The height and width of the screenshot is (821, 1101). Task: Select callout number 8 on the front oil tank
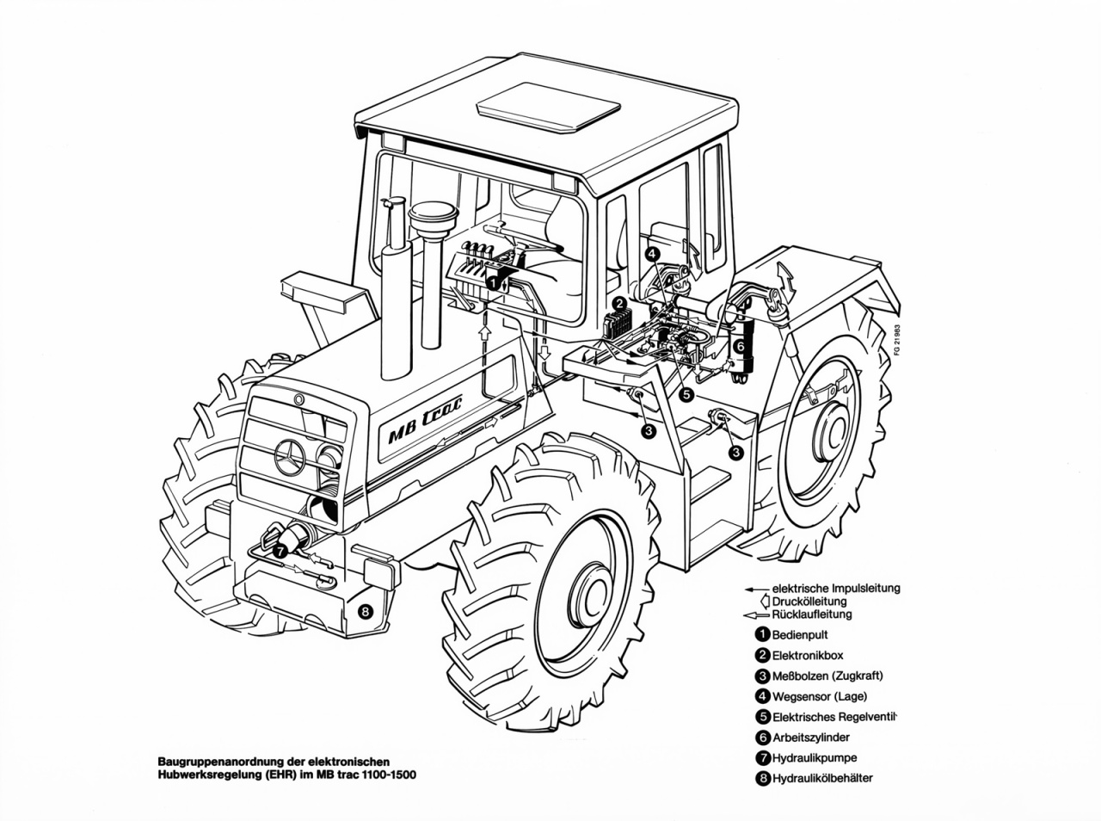[x=366, y=612]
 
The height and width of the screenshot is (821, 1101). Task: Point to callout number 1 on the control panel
[x=492, y=281]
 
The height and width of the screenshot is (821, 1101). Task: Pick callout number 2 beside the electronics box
[x=619, y=303]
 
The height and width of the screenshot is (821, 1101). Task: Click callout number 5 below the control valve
[x=686, y=394]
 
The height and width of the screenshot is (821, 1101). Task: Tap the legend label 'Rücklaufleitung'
[x=812, y=614]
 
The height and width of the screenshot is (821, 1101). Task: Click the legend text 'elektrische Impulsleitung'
[x=835, y=589]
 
